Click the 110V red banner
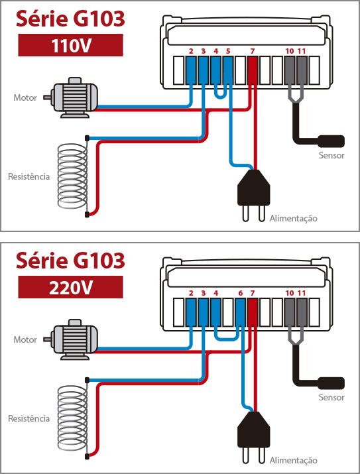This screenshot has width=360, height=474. click(x=70, y=45)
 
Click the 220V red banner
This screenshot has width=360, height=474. click(x=70, y=287)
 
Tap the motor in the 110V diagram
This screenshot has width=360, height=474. click(x=71, y=97)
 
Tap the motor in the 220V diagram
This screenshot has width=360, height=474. click(x=71, y=339)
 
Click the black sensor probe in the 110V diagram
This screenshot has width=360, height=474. click(x=331, y=141)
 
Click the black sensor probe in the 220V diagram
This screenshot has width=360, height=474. click(x=331, y=383)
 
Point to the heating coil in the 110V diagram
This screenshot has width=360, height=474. click(x=72, y=176)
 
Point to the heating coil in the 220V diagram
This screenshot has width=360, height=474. click(x=72, y=418)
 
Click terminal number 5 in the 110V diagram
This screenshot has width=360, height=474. click(x=228, y=51)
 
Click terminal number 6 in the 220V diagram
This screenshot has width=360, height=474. click(x=240, y=293)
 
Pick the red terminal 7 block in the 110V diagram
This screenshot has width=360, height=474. click(x=253, y=70)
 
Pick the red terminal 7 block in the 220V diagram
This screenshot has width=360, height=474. click(x=253, y=312)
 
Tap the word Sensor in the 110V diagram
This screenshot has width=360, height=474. click(x=331, y=155)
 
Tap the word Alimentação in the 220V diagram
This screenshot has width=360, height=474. click(x=294, y=461)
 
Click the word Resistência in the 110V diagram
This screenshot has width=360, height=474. click(x=29, y=176)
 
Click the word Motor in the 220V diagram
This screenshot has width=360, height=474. click(x=25, y=339)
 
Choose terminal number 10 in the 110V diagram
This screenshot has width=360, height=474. click(x=290, y=51)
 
